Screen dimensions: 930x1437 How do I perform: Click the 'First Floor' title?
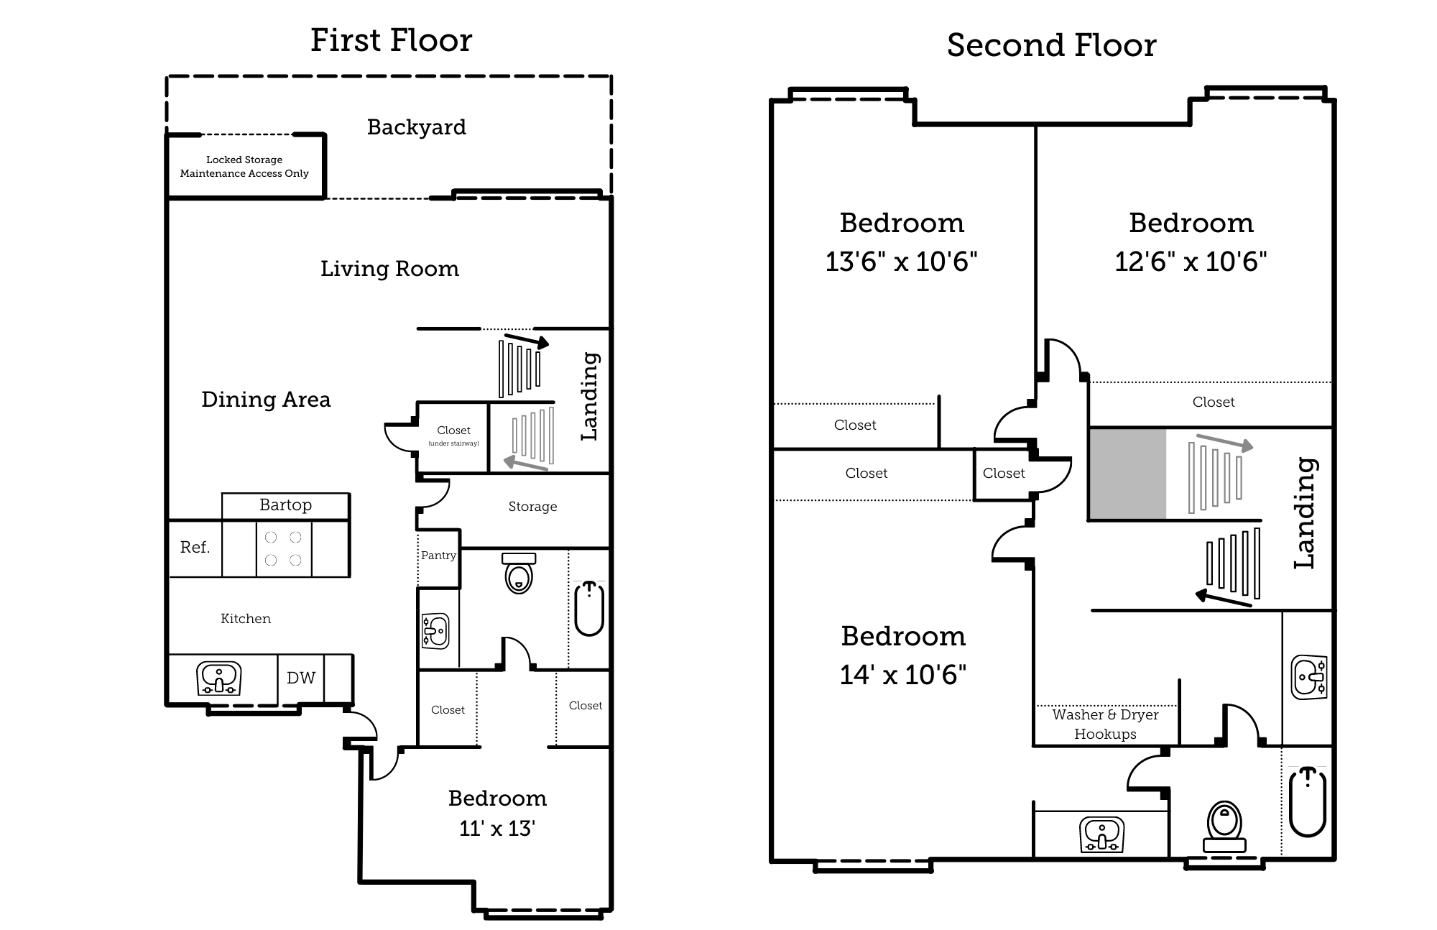point(391,40)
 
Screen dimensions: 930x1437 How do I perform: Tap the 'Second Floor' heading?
point(1051,45)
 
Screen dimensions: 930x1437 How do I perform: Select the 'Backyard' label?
point(416,127)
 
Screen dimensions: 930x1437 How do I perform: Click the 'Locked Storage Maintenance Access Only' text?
point(244,167)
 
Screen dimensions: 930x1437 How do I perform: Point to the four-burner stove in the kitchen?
point(283,549)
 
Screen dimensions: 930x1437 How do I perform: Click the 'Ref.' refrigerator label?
point(195,548)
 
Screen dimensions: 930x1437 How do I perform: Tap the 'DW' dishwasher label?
point(301,678)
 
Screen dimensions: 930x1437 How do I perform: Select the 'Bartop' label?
point(285,505)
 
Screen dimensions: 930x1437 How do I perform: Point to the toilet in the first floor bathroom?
point(519,574)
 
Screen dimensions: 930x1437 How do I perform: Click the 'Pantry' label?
point(438,556)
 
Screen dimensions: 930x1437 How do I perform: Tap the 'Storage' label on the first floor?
point(532,507)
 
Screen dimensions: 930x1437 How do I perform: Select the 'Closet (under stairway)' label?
point(453,435)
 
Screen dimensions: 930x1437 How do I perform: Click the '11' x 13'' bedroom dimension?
point(497,829)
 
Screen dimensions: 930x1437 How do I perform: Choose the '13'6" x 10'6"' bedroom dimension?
point(901,262)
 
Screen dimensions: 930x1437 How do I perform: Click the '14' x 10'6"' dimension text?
point(902,675)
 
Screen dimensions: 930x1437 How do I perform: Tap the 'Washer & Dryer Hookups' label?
point(1105,724)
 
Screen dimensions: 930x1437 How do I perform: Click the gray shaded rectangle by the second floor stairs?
point(1127,474)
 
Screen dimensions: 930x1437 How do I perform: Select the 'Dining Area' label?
point(266,400)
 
